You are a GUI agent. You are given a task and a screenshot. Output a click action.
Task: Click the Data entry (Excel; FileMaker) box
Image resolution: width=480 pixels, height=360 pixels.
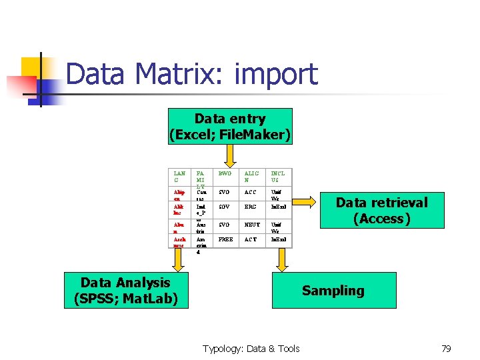(x=230, y=127)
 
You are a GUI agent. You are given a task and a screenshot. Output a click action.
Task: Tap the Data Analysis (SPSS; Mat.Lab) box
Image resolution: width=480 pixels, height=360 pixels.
(x=125, y=290)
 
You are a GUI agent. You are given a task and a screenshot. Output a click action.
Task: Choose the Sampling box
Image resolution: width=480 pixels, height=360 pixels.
(x=333, y=290)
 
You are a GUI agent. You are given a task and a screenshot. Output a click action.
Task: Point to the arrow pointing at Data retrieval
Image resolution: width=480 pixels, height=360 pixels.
(x=308, y=199)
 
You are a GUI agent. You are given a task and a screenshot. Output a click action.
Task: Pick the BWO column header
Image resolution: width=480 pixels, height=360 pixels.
(x=225, y=173)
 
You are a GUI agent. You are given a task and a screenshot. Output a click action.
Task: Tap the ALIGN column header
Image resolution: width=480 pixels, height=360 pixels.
(x=251, y=177)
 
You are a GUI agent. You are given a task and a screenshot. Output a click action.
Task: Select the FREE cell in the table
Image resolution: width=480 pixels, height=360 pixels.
(x=226, y=239)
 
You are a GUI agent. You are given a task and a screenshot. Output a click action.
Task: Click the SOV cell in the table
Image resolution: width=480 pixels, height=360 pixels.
(x=225, y=207)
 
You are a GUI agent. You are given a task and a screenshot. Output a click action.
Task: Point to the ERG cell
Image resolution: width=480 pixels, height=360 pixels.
(x=250, y=207)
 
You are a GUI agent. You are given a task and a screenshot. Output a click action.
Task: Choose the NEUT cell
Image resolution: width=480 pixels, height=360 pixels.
(x=251, y=225)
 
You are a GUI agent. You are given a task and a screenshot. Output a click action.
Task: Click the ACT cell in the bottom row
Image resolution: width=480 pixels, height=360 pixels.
(x=250, y=239)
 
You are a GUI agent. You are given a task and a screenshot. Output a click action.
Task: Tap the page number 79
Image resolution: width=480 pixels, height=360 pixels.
(x=446, y=348)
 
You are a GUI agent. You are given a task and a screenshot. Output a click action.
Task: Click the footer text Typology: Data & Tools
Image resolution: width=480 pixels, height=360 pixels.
(x=251, y=348)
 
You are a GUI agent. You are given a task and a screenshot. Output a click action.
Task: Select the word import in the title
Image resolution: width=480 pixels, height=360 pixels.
(x=276, y=74)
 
